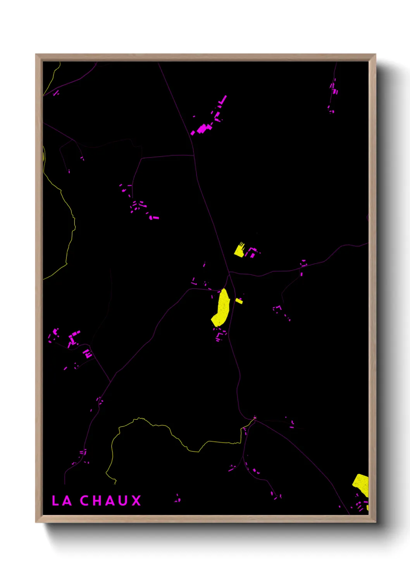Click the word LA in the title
pos(62,501)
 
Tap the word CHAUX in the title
pos(111,501)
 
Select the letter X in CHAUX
pos(136,501)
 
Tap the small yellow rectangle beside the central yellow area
pos(239,300)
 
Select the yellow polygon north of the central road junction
pos(239,250)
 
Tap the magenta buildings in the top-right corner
pos(333,89)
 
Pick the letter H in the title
pos(98,501)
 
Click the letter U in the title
pos(124,501)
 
